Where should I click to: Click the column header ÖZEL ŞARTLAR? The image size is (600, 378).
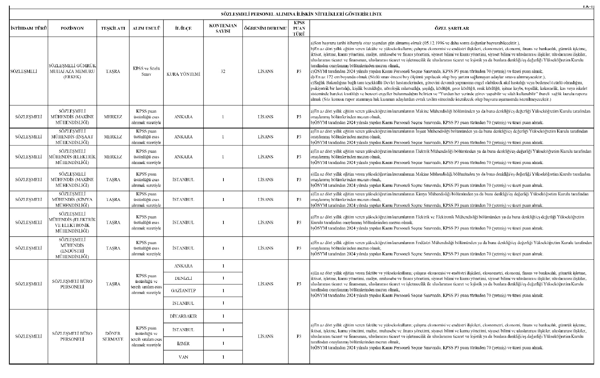452,28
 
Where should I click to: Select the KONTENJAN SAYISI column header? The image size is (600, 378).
223,28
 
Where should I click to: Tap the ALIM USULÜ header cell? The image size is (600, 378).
146,28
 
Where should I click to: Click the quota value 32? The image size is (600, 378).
223,71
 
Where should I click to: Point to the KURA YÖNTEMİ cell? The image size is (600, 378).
183,74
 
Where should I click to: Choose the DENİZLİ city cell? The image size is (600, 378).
183,278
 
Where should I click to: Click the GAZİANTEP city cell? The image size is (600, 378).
183,291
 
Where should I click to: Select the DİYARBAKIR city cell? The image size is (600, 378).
183,316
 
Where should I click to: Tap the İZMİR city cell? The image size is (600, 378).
183,344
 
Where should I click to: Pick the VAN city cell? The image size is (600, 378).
183,357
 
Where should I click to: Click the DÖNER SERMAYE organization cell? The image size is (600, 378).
113,336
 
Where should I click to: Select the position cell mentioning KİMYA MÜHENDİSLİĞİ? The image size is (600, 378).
72,200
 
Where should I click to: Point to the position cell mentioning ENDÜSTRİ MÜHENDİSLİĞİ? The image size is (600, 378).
72,248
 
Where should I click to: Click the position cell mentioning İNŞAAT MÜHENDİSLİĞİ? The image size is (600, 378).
72,137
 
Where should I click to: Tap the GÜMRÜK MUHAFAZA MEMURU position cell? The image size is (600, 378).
72,71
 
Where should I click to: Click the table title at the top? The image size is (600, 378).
301,14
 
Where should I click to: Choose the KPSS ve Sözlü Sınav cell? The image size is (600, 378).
146,71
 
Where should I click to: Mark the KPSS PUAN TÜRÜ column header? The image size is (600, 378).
299,28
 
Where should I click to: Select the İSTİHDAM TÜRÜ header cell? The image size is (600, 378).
28,28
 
